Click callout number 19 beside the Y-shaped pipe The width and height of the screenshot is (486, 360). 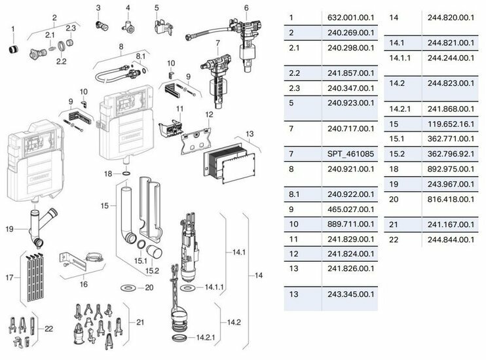click(x=9, y=228)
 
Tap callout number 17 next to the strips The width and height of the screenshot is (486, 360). click(x=9, y=278)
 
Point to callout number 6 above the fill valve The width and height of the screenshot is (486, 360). click(x=246, y=8)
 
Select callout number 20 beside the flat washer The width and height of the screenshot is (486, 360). click(x=149, y=287)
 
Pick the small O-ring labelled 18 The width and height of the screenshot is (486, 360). click(x=125, y=174)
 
